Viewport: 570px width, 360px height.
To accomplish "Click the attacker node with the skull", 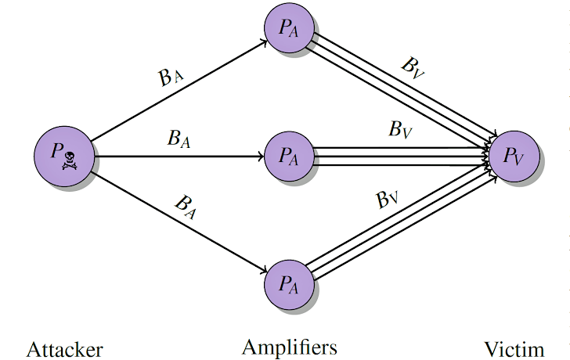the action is (64, 157).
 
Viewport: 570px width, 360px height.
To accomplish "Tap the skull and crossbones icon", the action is (70, 161).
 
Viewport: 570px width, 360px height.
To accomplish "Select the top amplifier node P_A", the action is (289, 28).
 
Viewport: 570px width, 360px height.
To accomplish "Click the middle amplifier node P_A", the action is (289, 157).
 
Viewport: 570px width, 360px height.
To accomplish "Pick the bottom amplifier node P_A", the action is (289, 284).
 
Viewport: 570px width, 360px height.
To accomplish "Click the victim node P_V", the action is (514, 157).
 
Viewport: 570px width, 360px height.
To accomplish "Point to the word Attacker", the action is (65, 350).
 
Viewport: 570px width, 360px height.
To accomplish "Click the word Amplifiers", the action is (290, 347).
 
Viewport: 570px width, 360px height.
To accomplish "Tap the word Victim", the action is (514, 350).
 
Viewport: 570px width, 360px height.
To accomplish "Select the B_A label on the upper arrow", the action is (171, 77).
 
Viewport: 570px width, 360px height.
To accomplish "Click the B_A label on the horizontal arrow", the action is (179, 139).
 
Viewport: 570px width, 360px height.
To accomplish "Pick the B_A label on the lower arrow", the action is (186, 207).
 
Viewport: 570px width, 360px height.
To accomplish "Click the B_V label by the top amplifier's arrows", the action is (413, 68).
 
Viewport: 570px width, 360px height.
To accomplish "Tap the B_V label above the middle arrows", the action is (401, 129).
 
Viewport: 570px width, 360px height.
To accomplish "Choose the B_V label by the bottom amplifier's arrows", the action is (387, 200).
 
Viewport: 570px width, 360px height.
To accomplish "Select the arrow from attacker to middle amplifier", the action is (179, 157).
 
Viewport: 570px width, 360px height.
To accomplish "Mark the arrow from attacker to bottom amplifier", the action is (179, 222).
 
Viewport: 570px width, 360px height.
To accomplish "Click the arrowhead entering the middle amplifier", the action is (261, 157).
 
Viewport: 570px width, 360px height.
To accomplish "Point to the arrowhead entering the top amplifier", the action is (265, 42).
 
